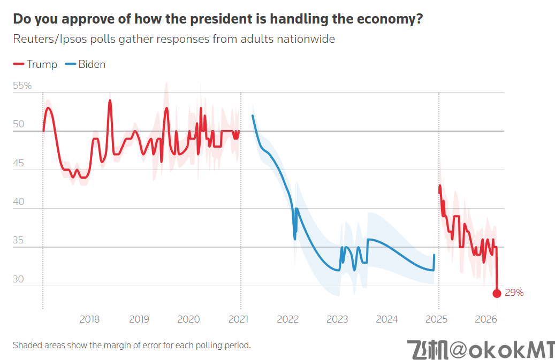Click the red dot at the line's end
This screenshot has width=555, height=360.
497,293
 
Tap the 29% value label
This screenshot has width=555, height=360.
514,293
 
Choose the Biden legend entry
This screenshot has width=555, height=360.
85,65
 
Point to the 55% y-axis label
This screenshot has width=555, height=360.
22,86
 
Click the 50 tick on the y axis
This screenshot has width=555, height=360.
19,124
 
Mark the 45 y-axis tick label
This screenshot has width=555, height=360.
19,163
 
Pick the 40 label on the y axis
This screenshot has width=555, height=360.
19,202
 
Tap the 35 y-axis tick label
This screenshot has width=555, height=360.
19,240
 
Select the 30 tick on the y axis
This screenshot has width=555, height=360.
19,279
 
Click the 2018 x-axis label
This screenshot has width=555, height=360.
89,320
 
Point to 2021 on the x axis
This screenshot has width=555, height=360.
238,320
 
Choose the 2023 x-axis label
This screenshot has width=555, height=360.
337,320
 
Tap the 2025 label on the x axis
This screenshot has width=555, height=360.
436,320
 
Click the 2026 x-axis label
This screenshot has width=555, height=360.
486,320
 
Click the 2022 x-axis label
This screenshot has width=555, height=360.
287,320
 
